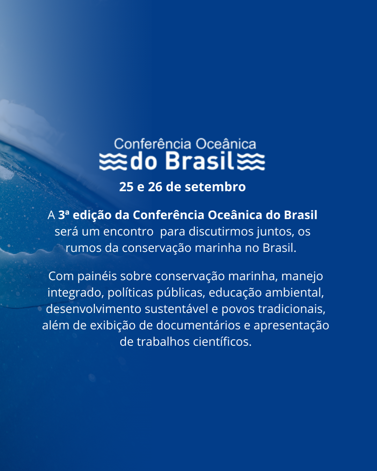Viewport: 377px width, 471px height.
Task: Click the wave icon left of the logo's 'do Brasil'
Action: click(x=113, y=162)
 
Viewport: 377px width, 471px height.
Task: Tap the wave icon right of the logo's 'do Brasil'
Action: click(x=251, y=162)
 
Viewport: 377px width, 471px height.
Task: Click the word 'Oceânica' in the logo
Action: click(x=226, y=144)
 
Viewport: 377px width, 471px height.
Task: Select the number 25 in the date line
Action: click(x=126, y=187)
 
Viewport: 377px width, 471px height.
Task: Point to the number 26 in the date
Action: click(x=155, y=187)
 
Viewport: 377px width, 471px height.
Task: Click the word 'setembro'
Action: click(x=215, y=187)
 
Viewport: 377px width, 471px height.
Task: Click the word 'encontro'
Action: click(x=128, y=232)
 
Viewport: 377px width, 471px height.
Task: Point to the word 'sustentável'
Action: click(x=176, y=309)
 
